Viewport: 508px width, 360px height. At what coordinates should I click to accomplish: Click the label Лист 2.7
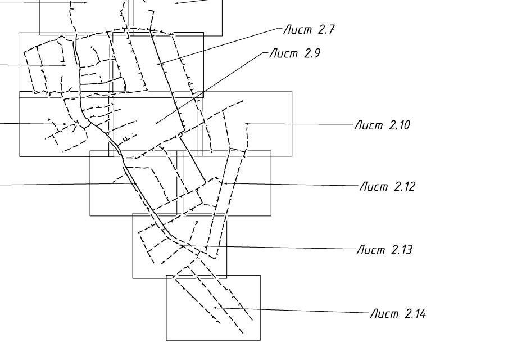[309, 30]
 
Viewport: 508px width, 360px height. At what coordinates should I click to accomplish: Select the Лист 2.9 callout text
[294, 54]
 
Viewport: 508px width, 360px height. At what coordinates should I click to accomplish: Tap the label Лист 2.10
[382, 125]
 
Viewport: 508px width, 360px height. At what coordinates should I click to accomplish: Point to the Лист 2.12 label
[387, 186]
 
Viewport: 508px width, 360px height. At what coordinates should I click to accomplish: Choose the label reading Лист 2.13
[384, 249]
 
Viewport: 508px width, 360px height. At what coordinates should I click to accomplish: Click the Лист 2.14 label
[397, 313]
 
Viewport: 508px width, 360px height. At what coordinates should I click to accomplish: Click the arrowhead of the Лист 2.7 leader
[158, 65]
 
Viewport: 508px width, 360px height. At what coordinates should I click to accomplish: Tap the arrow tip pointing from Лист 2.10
[246, 123]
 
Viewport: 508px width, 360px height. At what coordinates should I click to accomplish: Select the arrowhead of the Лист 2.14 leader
[214, 308]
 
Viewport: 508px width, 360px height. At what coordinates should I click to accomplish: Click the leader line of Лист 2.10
[303, 124]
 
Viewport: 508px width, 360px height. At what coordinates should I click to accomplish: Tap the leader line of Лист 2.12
[292, 184]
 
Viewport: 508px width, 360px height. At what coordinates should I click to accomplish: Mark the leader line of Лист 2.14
[292, 310]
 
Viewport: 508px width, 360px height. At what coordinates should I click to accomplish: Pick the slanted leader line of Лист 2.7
[219, 46]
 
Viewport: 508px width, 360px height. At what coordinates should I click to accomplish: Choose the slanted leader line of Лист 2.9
[211, 87]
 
